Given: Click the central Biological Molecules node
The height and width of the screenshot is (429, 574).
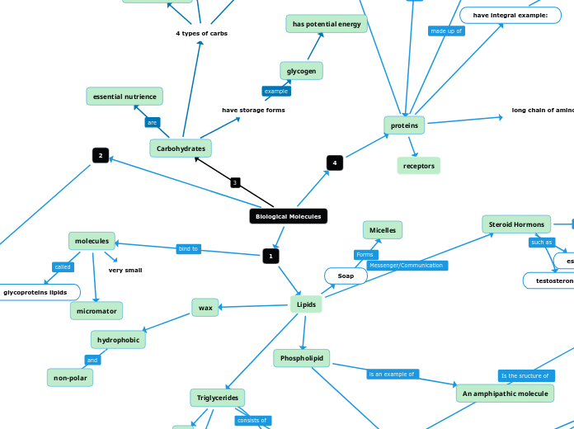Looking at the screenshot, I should (288, 216).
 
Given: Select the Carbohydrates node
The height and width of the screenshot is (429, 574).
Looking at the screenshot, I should (181, 148).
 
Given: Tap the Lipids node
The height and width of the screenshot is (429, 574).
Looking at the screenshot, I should (306, 304).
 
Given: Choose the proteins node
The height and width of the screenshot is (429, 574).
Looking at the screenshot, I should (404, 125).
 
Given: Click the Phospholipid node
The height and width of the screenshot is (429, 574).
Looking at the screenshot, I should (302, 358).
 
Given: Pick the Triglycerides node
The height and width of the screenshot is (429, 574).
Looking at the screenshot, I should (218, 398).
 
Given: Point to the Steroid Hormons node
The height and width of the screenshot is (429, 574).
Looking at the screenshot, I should (516, 224).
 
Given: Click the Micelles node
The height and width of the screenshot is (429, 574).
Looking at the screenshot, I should (383, 230).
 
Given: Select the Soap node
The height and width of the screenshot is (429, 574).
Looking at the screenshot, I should (346, 276).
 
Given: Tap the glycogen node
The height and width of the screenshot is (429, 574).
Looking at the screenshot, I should (301, 71).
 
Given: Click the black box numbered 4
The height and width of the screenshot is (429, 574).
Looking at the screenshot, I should (335, 163).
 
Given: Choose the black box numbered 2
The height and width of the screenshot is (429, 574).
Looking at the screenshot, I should (101, 155).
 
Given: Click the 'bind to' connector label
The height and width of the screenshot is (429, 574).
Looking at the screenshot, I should (189, 248).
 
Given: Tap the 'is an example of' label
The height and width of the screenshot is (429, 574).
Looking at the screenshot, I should (393, 374).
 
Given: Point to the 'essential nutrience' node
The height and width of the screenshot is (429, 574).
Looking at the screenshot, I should (125, 97).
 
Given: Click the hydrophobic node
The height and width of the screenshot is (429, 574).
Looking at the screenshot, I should (118, 339).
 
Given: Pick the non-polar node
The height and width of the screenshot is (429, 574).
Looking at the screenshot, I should (70, 377).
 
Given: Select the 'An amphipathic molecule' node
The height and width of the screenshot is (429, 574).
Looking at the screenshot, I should (505, 394).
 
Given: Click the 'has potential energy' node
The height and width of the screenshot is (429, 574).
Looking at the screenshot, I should (327, 24).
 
